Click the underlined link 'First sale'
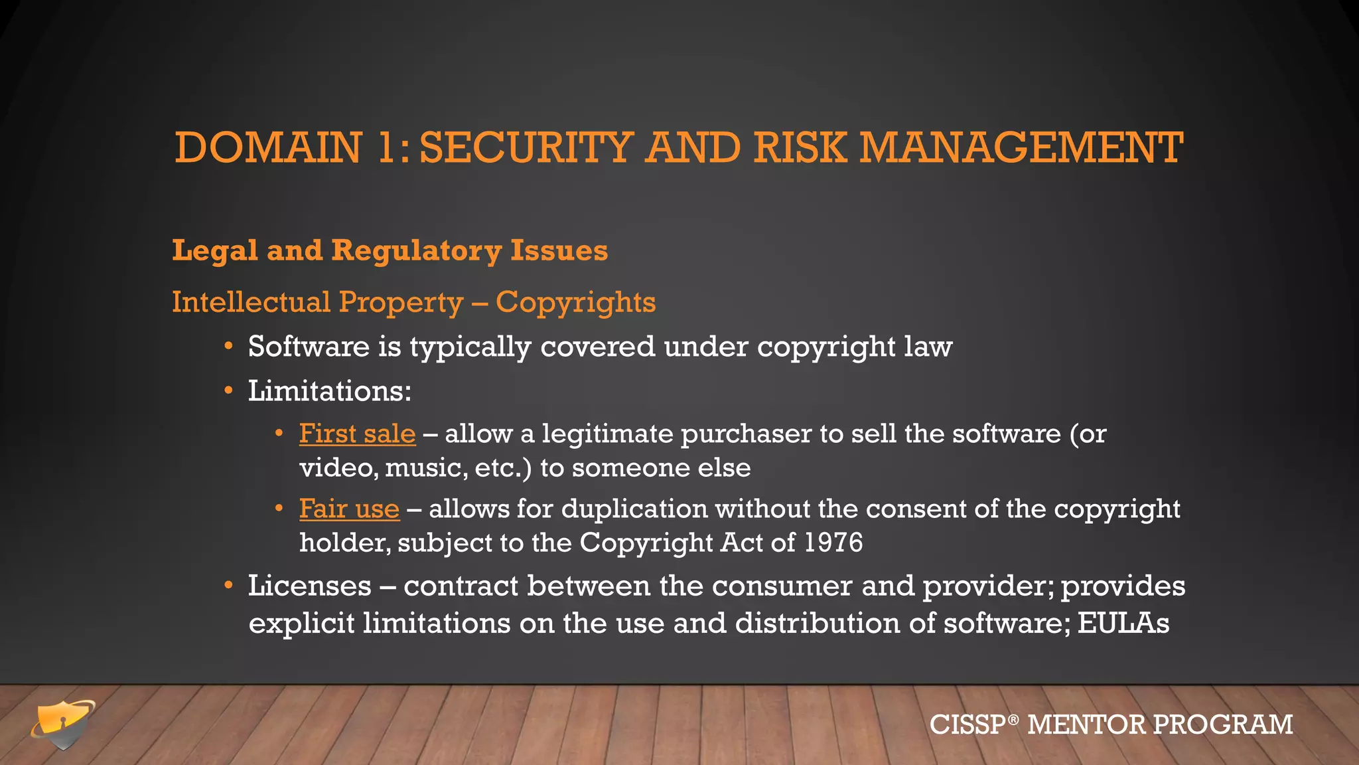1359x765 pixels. (x=357, y=434)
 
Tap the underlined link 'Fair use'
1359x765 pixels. (x=349, y=509)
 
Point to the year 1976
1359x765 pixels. (x=833, y=543)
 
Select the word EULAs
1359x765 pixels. (x=1123, y=623)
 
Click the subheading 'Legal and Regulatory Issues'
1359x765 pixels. (x=390, y=250)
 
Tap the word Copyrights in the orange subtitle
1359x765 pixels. (x=575, y=302)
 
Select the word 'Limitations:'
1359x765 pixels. (x=330, y=390)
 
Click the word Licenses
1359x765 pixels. (x=309, y=586)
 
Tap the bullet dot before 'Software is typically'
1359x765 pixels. (x=228, y=346)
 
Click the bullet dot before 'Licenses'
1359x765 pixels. (x=228, y=585)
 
